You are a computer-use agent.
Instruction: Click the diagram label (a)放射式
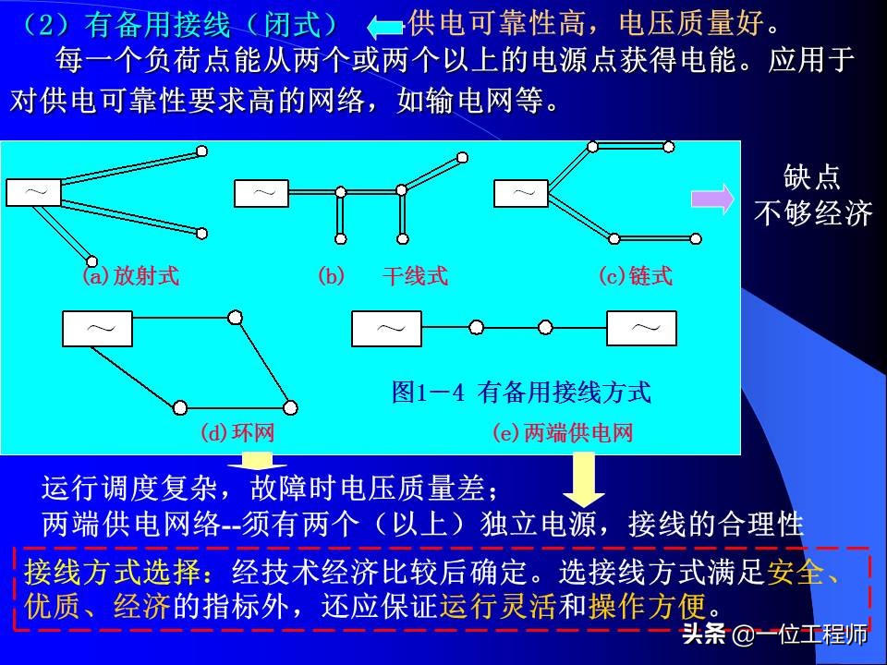point(130,276)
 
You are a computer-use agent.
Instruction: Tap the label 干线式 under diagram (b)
point(415,276)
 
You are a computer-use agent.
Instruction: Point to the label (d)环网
point(237,432)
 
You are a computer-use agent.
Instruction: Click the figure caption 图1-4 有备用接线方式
point(521,393)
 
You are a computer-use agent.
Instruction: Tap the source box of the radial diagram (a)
point(34,192)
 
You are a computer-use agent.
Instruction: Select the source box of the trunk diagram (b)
point(262,193)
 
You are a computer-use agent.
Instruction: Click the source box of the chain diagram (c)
point(522,193)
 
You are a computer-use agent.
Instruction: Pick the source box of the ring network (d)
point(97,328)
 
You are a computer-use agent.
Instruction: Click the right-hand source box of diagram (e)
point(641,328)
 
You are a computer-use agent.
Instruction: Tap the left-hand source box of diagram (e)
point(386,328)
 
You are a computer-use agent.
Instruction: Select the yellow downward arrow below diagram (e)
point(583,478)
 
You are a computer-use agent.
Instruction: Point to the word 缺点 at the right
point(812,177)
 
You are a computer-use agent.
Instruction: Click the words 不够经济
point(813,214)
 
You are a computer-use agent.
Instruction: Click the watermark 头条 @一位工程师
point(774,636)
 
